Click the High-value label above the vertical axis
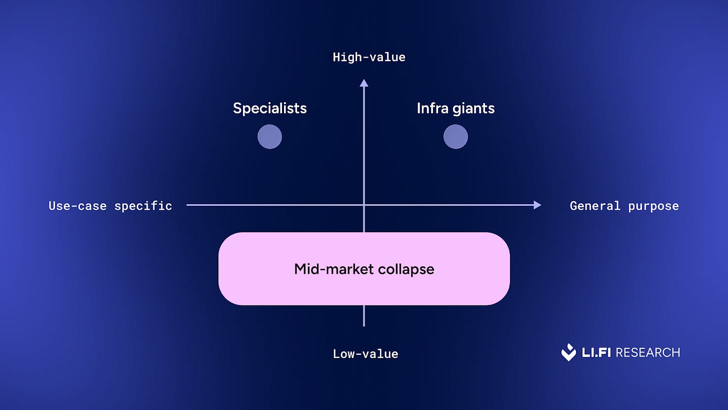pyautogui.click(x=369, y=57)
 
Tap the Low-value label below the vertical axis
pyautogui.click(x=365, y=354)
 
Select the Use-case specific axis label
pyautogui.click(x=110, y=206)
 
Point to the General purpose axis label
pyautogui.click(x=624, y=206)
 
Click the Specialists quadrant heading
pyautogui.click(x=269, y=108)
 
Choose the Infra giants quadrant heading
pyautogui.click(x=455, y=108)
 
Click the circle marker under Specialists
pyautogui.click(x=269, y=137)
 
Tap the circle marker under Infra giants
pyautogui.click(x=455, y=137)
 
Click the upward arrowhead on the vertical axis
pyautogui.click(x=364, y=83)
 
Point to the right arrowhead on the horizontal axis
pyautogui.click(x=537, y=205)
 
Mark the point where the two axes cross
pyautogui.click(x=364, y=205)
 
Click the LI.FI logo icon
pyautogui.click(x=568, y=352)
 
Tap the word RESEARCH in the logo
pyautogui.click(x=648, y=352)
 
